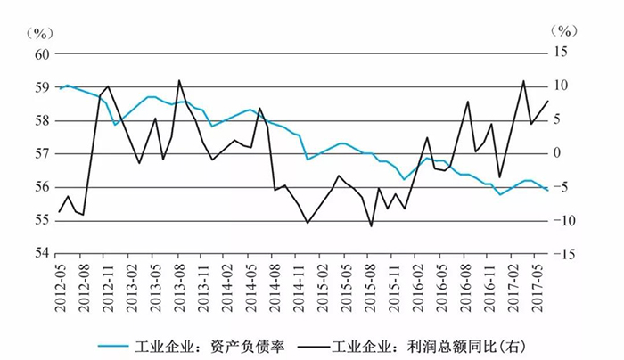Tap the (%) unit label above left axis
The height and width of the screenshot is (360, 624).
click(x=39, y=33)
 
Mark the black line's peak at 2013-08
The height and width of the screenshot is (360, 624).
click(x=179, y=80)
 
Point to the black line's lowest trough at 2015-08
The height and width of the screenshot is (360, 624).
click(x=372, y=226)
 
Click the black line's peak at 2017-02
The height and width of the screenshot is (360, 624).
click(x=523, y=81)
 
